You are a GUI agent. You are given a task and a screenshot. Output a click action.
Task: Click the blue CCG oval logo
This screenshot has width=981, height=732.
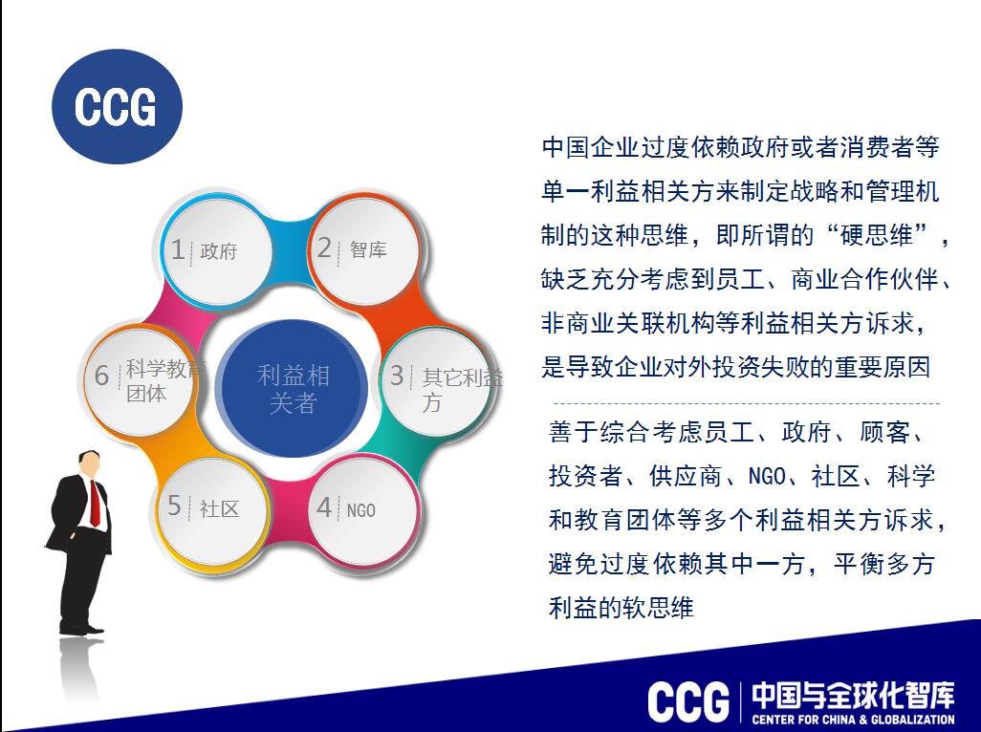[117, 106]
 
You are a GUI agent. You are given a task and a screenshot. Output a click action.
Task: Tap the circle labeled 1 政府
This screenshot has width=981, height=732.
[216, 252]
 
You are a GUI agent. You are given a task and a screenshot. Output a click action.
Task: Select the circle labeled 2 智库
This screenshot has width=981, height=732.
[364, 250]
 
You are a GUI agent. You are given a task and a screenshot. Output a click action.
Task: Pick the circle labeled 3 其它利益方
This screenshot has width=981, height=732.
[435, 382]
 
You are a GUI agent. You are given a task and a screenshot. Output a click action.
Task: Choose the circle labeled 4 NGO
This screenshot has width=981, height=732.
[364, 510]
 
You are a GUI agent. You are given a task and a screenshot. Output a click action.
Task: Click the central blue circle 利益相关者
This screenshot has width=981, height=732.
[293, 388]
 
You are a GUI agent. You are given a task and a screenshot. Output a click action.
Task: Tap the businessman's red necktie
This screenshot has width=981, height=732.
[95, 504]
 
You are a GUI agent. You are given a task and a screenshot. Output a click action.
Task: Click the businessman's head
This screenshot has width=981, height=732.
[89, 463]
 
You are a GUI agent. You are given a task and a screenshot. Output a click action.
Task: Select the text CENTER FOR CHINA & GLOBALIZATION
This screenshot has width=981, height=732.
[854, 719]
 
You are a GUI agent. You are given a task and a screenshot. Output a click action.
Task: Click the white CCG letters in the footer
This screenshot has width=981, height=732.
[688, 702]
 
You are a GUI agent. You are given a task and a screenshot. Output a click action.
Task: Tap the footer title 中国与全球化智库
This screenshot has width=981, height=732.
[854, 695]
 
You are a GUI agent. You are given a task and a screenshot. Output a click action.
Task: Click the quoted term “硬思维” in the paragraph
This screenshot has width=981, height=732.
[876, 236]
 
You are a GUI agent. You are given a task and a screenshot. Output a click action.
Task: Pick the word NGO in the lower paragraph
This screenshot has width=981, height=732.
[767, 476]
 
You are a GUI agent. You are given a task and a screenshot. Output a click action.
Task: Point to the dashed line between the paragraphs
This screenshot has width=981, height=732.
[747, 404]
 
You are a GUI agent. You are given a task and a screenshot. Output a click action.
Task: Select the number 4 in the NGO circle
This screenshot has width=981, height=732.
[324, 507]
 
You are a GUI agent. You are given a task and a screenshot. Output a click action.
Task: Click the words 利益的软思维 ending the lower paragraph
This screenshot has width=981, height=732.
[621, 608]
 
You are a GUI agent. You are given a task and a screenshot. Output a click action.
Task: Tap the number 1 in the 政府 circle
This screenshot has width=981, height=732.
[178, 249]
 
